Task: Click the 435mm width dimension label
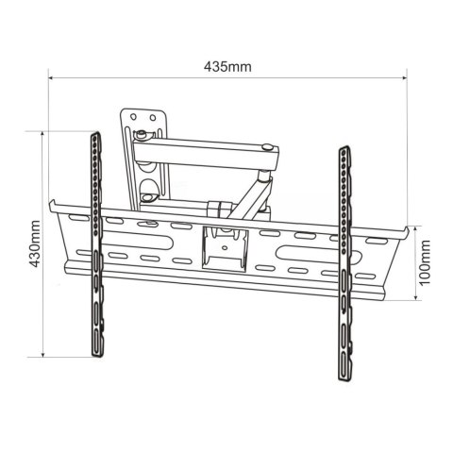pos(226,67)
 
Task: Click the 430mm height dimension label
pos(35,243)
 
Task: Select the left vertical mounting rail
pos(95,245)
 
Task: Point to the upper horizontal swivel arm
pos(203,148)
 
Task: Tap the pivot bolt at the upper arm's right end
pos(271,148)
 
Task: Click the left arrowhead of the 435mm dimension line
pos(52,79)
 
